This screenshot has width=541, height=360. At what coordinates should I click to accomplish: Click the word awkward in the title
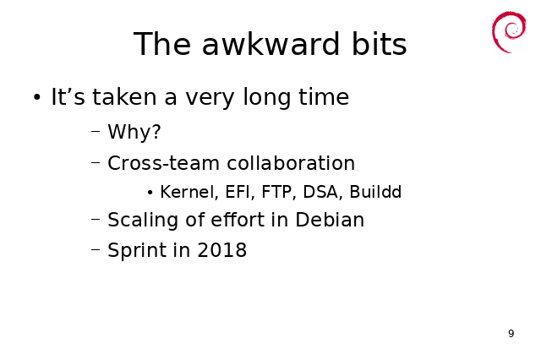pyautogui.click(x=270, y=44)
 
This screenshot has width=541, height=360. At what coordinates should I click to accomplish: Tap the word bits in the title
pyautogui.click(x=380, y=44)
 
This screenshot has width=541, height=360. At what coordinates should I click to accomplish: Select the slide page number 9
pyautogui.click(x=511, y=334)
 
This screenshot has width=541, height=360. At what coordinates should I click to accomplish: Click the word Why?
pyautogui.click(x=134, y=132)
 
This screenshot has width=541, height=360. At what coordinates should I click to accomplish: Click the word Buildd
pyautogui.click(x=375, y=192)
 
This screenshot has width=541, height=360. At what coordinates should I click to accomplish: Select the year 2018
pyautogui.click(x=221, y=250)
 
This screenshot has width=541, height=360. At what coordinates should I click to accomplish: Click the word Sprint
pyautogui.click(x=137, y=251)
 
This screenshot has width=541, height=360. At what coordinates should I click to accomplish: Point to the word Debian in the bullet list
pyautogui.click(x=330, y=220)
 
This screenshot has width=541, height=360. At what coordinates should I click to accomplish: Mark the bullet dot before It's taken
pyautogui.click(x=37, y=97)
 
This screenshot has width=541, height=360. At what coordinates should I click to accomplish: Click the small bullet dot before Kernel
pyautogui.click(x=150, y=193)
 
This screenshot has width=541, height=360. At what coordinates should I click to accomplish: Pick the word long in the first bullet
pyautogui.click(x=267, y=97)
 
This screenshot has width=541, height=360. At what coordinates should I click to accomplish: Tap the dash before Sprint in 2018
pyautogui.click(x=96, y=248)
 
